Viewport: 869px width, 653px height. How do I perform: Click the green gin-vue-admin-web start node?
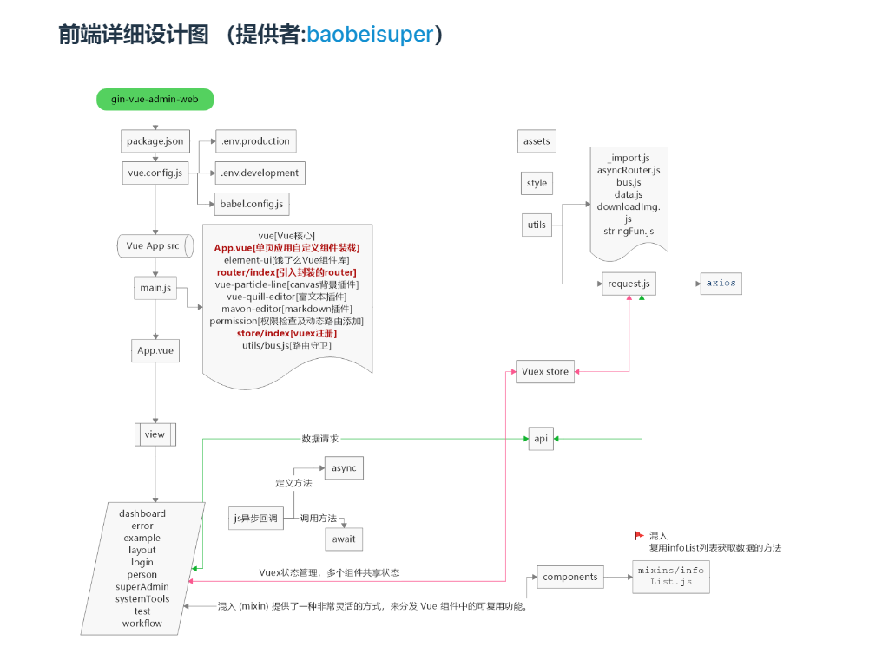click(x=155, y=100)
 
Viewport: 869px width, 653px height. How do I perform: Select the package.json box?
click(x=155, y=140)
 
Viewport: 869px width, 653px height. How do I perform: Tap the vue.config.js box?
click(x=155, y=173)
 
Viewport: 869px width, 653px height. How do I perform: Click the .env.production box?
click(x=254, y=140)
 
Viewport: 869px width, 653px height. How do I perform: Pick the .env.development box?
click(x=260, y=173)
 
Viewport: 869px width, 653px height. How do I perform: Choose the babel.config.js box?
click(x=253, y=205)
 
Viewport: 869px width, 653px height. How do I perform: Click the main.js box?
click(x=155, y=287)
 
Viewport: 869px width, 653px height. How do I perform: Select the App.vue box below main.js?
click(x=155, y=351)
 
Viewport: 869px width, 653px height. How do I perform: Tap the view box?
click(x=155, y=434)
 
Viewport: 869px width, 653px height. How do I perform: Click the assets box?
click(x=537, y=141)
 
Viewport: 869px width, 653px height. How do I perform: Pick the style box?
click(x=537, y=183)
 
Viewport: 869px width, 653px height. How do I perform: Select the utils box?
click(x=537, y=225)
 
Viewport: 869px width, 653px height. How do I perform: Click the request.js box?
click(x=629, y=284)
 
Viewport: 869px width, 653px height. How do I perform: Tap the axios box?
click(x=721, y=283)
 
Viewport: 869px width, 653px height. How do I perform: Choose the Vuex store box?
click(x=545, y=371)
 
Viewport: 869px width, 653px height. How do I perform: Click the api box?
click(x=541, y=439)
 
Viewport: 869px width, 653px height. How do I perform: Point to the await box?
click(x=344, y=539)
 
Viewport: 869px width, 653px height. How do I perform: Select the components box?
click(x=570, y=577)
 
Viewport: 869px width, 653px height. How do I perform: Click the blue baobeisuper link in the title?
click(x=369, y=35)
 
